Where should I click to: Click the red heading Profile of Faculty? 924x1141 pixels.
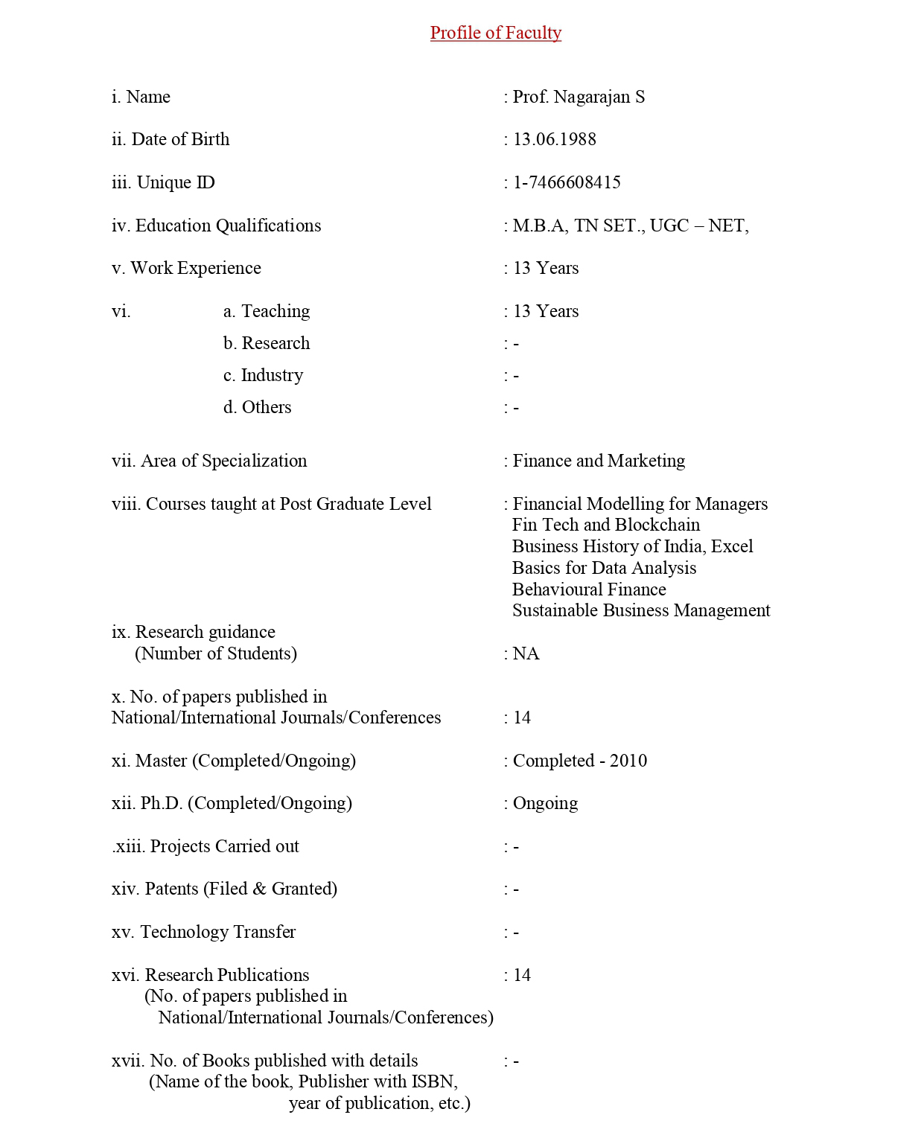click(495, 33)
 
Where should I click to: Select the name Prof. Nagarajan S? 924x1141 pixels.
click(579, 97)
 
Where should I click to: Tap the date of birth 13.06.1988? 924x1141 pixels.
click(554, 139)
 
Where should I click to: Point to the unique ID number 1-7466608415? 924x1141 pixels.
click(567, 182)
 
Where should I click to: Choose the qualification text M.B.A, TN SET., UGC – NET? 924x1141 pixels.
click(630, 226)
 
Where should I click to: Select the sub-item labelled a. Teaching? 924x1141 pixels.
click(267, 311)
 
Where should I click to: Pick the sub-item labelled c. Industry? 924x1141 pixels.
click(263, 375)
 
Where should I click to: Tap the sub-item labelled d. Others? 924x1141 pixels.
click(257, 407)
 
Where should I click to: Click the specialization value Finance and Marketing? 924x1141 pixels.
click(599, 461)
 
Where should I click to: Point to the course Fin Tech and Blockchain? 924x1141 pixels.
click(606, 525)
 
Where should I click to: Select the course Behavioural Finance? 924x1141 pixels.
click(589, 589)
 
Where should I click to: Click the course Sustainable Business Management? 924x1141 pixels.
click(641, 610)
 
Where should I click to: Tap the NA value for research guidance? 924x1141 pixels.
click(526, 653)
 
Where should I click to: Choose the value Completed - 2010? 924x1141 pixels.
click(579, 761)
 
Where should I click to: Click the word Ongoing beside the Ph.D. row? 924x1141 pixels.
click(545, 803)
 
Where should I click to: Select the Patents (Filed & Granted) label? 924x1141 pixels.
click(224, 889)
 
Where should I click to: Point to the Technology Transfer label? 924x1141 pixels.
click(203, 932)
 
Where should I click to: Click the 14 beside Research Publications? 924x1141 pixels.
click(522, 975)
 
